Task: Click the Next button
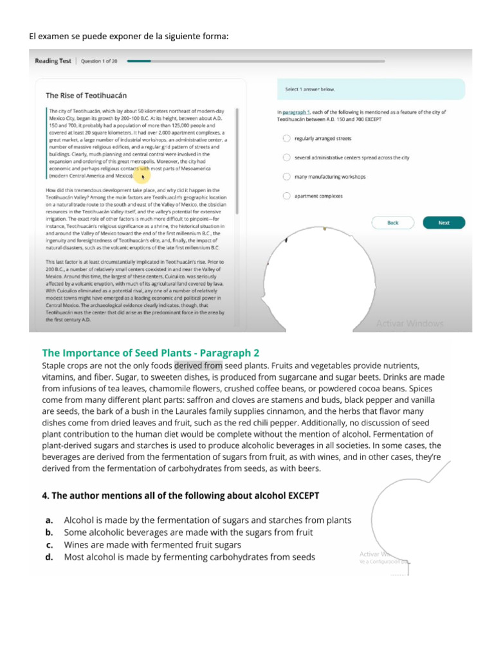(444, 223)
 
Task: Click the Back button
(393, 223)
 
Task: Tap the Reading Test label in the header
(53, 61)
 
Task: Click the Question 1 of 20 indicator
(99, 61)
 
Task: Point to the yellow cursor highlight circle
(142, 175)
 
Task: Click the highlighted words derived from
(198, 366)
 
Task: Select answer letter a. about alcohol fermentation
(49, 520)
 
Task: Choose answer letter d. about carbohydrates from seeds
(49, 557)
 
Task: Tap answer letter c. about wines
(49, 545)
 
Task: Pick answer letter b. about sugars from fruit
(49, 532)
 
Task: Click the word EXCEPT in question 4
(297, 495)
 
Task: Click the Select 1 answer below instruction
(310, 89)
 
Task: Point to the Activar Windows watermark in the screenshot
(410, 323)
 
